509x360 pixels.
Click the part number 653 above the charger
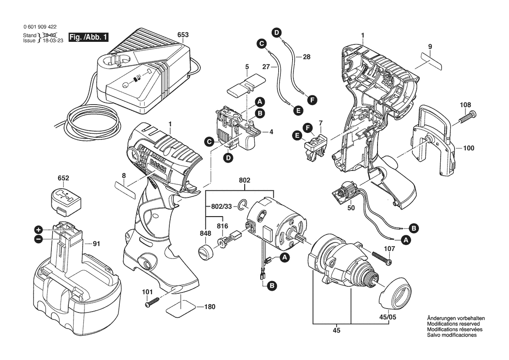pyautogui.click(x=183, y=35)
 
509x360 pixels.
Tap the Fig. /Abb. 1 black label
pyautogui.click(x=88, y=37)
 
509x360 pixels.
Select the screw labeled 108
pyautogui.click(x=468, y=117)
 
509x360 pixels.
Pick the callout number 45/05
pyautogui.click(x=388, y=317)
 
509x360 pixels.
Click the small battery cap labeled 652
pyautogui.click(x=66, y=199)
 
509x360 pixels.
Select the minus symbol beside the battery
pyautogui.click(x=39, y=240)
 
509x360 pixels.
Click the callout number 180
pyautogui.click(x=210, y=307)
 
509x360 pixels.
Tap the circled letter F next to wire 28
pyautogui.click(x=312, y=100)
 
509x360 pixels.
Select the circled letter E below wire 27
pyautogui.click(x=298, y=111)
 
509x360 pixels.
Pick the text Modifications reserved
pyautogui.click(x=454, y=324)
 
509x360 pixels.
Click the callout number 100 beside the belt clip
pyautogui.click(x=469, y=148)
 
